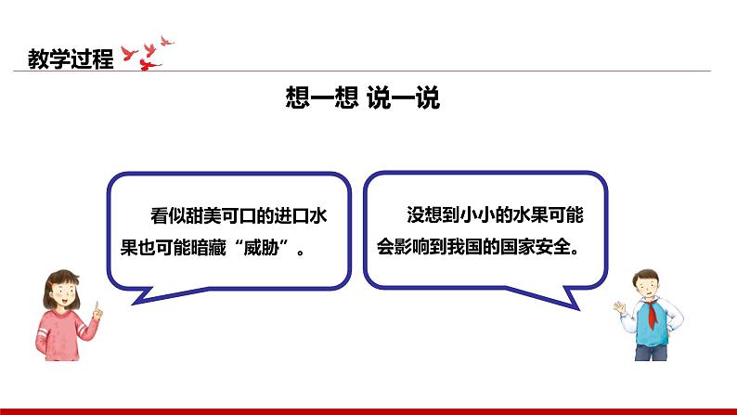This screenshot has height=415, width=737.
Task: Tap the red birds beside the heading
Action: (x=152, y=52)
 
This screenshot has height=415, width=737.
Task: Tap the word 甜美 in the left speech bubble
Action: (x=204, y=215)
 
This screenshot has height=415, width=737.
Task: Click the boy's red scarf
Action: (x=653, y=312)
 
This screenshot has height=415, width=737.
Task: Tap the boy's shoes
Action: (x=650, y=356)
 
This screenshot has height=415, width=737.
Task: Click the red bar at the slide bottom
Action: (x=368, y=409)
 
